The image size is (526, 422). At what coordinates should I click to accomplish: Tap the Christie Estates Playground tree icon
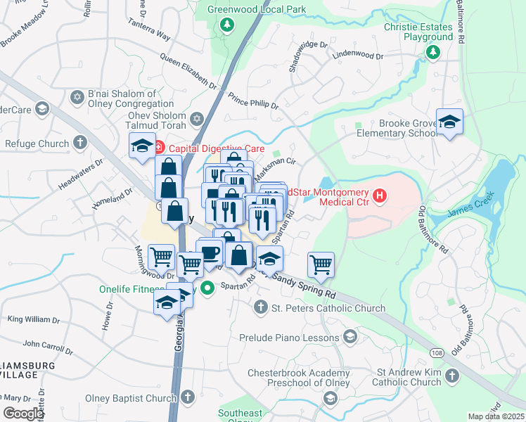click(434, 52)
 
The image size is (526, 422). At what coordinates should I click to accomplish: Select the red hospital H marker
click(380, 195)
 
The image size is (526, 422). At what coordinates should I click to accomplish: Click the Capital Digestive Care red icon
click(158, 148)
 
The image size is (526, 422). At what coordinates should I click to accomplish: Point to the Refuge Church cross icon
click(80, 143)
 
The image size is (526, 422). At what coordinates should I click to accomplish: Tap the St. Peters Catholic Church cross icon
click(260, 307)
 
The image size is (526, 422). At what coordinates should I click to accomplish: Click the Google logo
click(23, 413)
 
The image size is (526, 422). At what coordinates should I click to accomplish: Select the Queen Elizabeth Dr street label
click(188, 71)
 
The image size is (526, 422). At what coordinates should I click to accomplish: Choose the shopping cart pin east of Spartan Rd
click(321, 264)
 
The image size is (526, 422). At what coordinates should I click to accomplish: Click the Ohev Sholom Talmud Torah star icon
click(197, 118)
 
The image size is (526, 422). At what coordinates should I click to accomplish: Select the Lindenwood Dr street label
click(358, 55)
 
